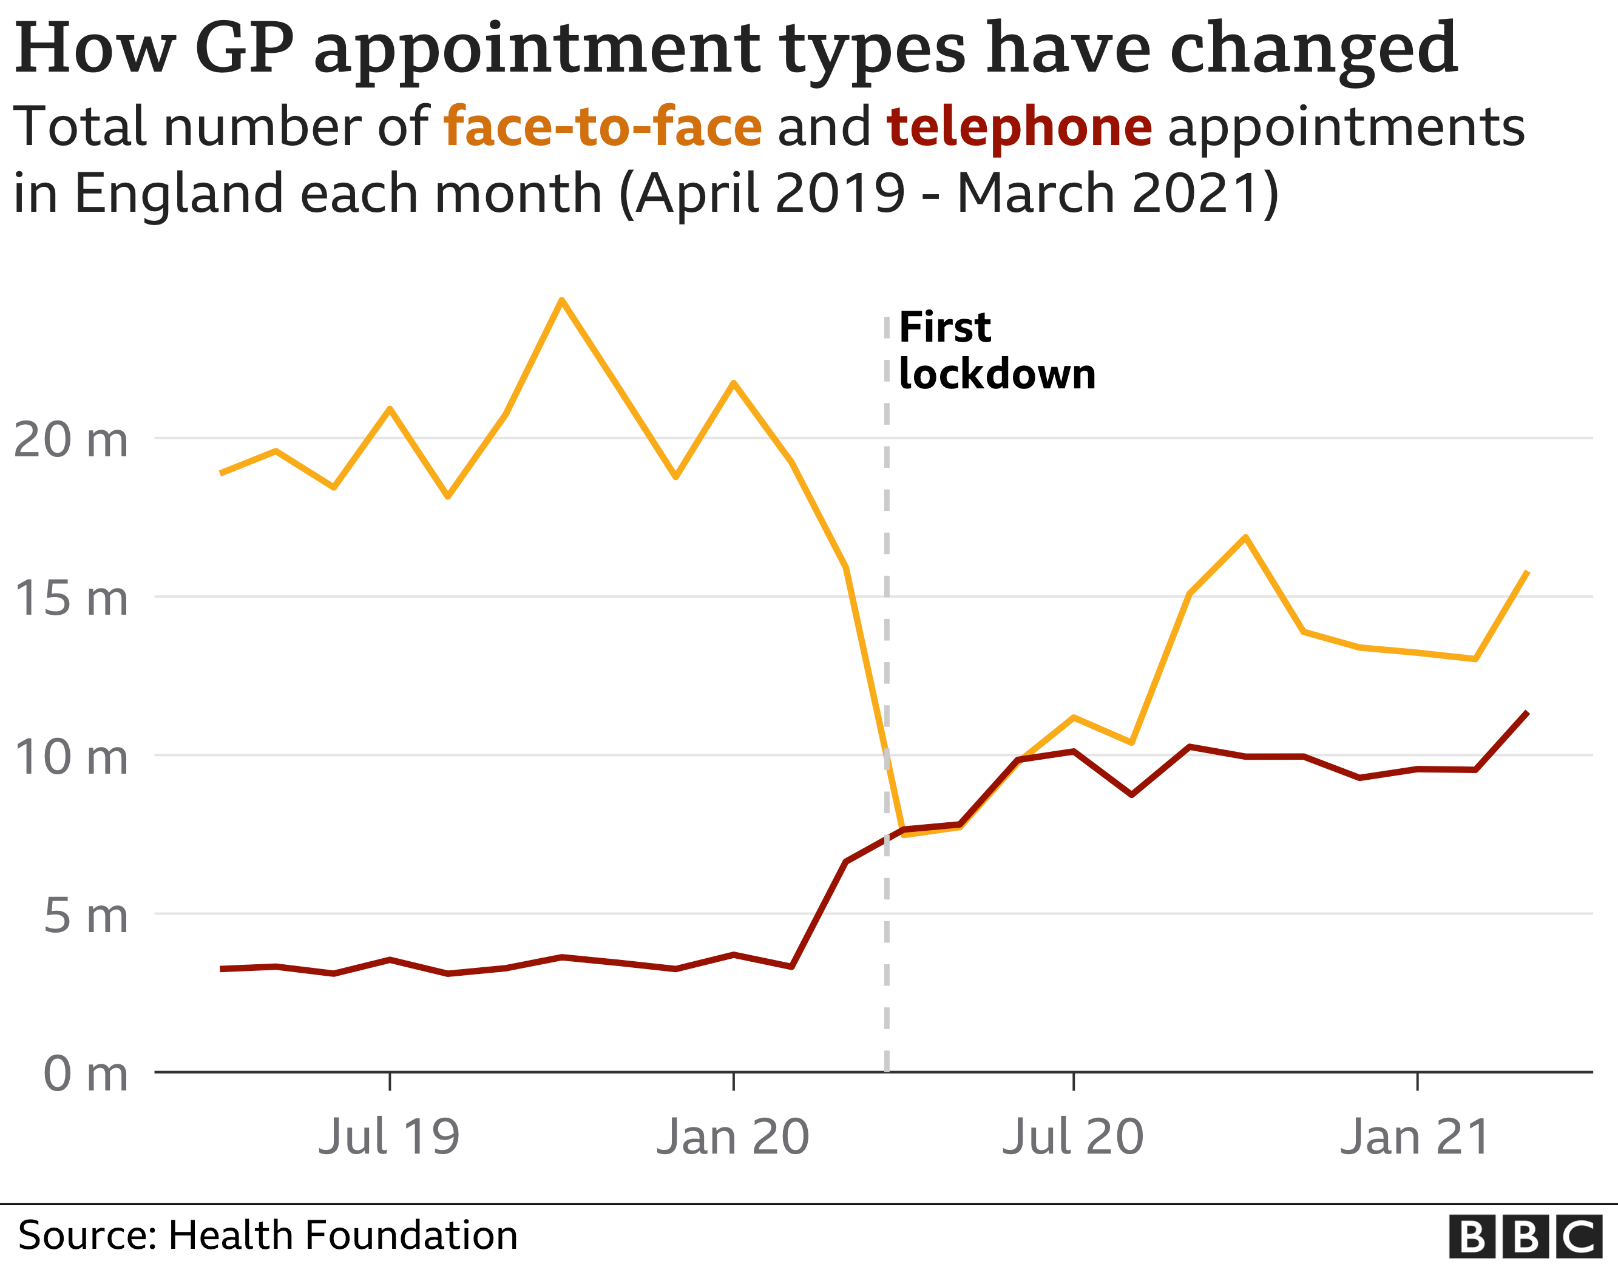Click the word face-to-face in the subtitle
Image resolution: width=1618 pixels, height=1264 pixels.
[602, 127]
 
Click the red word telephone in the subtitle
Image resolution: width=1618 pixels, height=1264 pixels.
[1018, 127]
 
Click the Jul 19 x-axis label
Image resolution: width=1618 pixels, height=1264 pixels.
[389, 1137]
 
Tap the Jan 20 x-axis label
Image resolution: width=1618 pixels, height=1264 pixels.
[733, 1137]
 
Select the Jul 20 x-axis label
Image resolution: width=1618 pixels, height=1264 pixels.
[1073, 1137]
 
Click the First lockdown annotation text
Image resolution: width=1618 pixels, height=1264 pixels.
[996, 351]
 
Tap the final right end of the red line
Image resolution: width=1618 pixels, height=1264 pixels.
[1527, 713]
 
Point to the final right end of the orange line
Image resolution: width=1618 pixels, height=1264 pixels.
[1527, 572]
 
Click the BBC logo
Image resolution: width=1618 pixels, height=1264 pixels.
[1531, 1237]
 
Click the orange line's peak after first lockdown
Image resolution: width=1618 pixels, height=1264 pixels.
[1245, 537]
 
